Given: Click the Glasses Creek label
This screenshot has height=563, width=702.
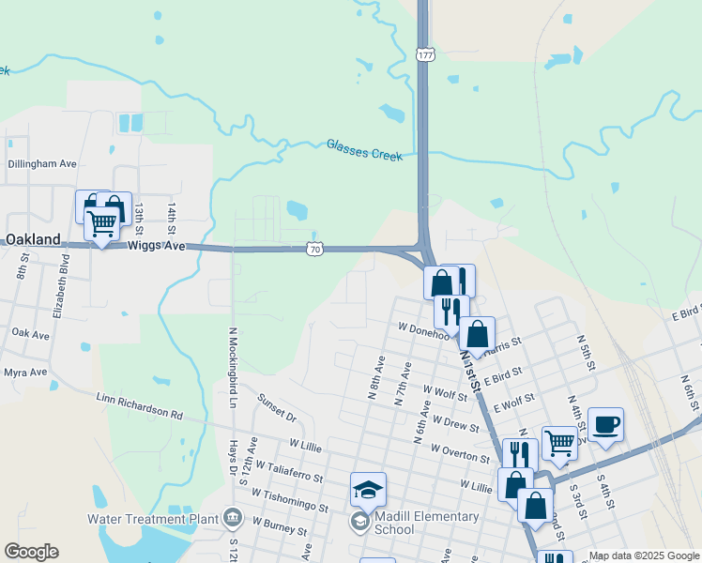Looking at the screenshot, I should pyautogui.click(x=364, y=150).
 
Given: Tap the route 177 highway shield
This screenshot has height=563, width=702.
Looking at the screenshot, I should pyautogui.click(x=426, y=55).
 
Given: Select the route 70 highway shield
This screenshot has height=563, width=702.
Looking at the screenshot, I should pyautogui.click(x=315, y=249).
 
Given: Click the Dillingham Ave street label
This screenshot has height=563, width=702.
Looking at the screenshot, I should pyautogui.click(x=42, y=163).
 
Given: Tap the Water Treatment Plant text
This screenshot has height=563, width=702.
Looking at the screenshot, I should pyautogui.click(x=153, y=518).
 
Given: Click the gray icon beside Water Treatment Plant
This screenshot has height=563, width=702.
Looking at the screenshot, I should pyautogui.click(x=233, y=517).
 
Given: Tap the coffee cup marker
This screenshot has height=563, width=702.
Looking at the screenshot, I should pyautogui.click(x=605, y=424).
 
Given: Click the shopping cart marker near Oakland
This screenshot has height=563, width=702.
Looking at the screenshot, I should pyautogui.click(x=101, y=223).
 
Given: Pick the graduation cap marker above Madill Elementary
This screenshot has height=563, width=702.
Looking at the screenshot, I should pyautogui.click(x=368, y=489).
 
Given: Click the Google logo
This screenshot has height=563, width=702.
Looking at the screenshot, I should pyautogui.click(x=31, y=552).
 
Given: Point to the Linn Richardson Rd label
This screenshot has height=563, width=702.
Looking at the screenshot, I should pyautogui.click(x=140, y=404).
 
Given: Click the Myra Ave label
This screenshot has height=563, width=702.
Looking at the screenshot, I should pyautogui.click(x=25, y=373).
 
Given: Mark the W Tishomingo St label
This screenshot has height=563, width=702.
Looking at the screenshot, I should pyautogui.click(x=290, y=499).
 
